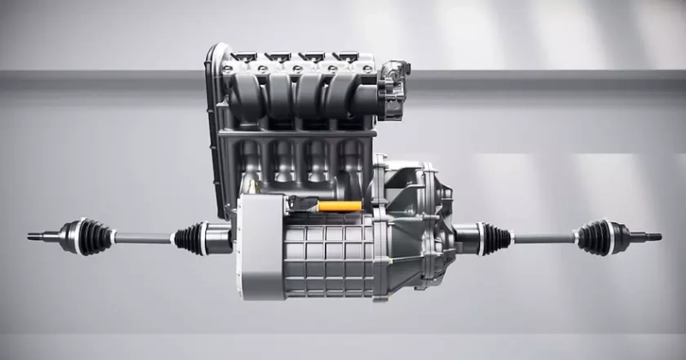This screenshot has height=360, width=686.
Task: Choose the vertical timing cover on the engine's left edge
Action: [214, 129]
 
